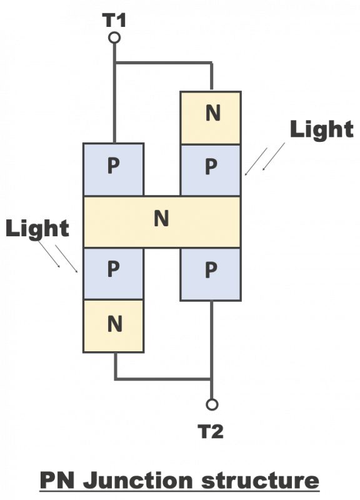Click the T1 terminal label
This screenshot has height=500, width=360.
tap(114, 20)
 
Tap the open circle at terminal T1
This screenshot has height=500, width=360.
tap(114, 37)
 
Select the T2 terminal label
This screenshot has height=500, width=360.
tap(211, 431)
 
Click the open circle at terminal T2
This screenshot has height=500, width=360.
tap(212, 404)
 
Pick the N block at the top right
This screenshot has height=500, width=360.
tap(211, 117)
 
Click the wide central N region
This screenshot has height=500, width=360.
tap(162, 222)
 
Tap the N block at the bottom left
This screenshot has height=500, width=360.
tap(114, 326)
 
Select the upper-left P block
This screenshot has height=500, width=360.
tap(114, 169)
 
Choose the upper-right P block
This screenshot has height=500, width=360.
tap(211, 170)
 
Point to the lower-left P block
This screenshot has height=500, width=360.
tap(114, 274)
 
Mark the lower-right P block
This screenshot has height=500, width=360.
tap(211, 274)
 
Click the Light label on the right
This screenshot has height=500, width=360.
tap(322, 130)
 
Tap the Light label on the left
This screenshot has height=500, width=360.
tap(37, 228)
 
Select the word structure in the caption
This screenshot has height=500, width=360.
tap(261, 481)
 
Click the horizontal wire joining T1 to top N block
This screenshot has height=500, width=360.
tap(163, 63)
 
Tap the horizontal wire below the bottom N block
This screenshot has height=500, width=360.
tap(162, 379)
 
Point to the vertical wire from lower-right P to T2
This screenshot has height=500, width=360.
tap(211, 350)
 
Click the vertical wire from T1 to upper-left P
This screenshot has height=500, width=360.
tap(114, 93)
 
